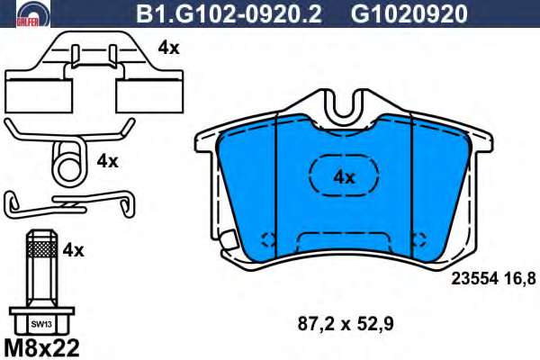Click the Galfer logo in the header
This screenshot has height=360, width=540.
(x=33, y=13)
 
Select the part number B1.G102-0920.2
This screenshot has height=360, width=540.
(x=229, y=14)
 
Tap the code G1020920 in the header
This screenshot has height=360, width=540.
(x=409, y=14)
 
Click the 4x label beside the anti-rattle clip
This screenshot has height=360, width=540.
(x=169, y=49)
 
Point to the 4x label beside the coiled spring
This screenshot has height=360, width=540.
(x=107, y=161)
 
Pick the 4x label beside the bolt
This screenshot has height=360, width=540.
(x=74, y=250)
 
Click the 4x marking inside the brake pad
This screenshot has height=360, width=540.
(x=345, y=177)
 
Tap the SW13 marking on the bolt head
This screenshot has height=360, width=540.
(x=41, y=324)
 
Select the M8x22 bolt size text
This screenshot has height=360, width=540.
(x=41, y=347)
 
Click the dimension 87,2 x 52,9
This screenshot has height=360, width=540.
(x=346, y=324)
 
